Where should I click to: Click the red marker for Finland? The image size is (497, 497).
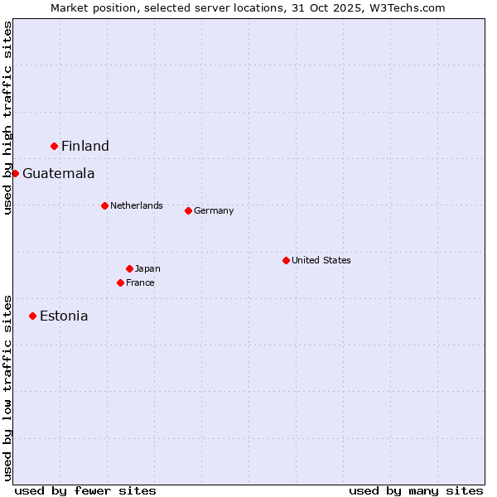pos(55,146)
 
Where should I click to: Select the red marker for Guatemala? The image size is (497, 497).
pos(15,173)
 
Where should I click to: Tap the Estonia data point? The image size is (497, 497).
pos(33,316)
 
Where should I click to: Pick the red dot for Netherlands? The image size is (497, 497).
pos(104,205)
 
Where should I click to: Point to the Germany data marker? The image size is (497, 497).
pos(188,210)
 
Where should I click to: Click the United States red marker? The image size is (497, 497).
pos(286,260)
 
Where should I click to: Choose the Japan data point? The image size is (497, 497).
pos(129,268)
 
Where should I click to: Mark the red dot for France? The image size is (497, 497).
pos(120,282)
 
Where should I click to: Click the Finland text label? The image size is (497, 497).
pos(85,147)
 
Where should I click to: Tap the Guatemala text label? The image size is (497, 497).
pos(59,174)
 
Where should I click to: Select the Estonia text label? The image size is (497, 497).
pos(64,316)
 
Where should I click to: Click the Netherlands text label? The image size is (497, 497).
pos(137,205)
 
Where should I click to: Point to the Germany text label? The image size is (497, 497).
pos(214,210)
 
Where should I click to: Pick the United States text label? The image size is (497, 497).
pos(321,260)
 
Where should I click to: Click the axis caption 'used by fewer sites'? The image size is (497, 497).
pos(85,490)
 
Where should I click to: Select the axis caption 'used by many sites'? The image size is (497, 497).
pos(416,490)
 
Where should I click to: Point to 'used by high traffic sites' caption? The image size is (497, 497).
pos(8,118)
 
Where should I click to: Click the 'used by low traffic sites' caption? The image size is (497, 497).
pos(8,387)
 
